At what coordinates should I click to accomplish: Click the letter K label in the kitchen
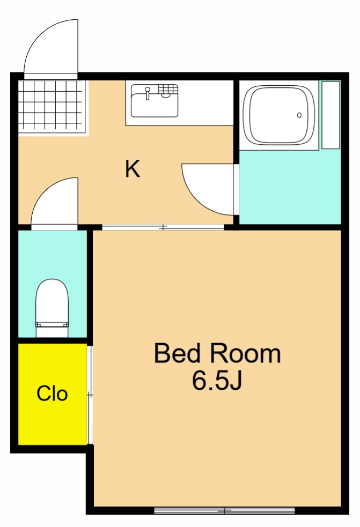(x=132, y=169)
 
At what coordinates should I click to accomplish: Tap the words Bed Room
(x=217, y=353)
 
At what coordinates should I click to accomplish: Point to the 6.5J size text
(x=217, y=380)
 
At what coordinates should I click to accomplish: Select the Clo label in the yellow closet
(x=52, y=394)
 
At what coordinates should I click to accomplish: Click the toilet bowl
(x=52, y=300)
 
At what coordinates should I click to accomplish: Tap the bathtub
(x=279, y=115)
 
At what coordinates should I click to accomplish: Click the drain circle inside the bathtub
(x=299, y=115)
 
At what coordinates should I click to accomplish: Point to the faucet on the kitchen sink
(x=148, y=93)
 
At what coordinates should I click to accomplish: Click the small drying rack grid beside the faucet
(x=167, y=89)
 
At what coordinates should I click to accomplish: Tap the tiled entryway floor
(x=51, y=106)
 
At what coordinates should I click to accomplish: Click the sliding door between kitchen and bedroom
(x=163, y=227)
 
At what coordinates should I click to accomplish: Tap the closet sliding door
(x=90, y=395)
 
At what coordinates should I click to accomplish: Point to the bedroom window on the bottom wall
(x=224, y=510)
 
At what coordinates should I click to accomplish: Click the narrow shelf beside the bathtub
(x=330, y=115)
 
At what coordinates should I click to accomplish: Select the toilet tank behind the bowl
(x=52, y=330)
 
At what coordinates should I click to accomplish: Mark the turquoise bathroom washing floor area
(x=290, y=187)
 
